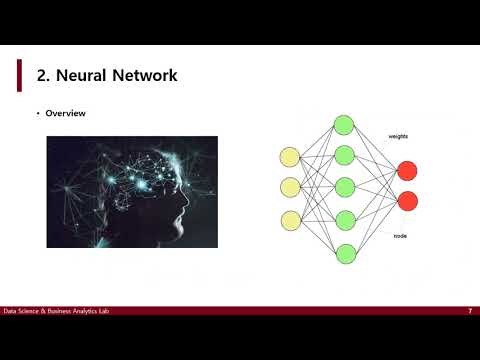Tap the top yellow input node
pos(290,156)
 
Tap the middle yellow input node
pos(290,187)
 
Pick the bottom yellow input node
pos(290,219)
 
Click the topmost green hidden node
pos(344,125)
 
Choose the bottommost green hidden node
pos(344,252)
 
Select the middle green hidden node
pos(344,188)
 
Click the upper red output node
pos(407,171)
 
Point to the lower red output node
pos(407,202)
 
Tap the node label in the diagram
pos(400,236)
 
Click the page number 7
pos(469,311)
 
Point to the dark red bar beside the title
pos(19,74)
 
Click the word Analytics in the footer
pos(84,311)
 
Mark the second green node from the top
pos(344,156)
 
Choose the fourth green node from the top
pos(344,220)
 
